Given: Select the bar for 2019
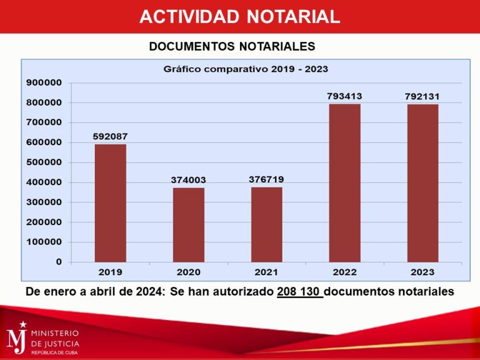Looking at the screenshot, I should pyautogui.click(x=111, y=203).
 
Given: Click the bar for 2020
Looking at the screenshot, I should pyautogui.click(x=189, y=224).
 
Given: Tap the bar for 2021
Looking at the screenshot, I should pyautogui.click(x=267, y=224).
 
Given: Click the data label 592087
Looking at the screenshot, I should pyautogui.click(x=111, y=136).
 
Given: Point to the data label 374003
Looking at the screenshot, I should pyautogui.click(x=189, y=180).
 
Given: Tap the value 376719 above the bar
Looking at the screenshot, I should pyautogui.click(x=266, y=179).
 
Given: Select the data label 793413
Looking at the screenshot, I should pyautogui.click(x=344, y=96).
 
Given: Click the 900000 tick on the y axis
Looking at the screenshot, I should pyautogui.click(x=44, y=82).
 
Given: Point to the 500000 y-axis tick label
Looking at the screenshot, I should pyautogui.click(x=44, y=162).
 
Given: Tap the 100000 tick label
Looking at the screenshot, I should pyautogui.click(x=44, y=242).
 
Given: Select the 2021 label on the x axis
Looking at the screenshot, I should pyautogui.click(x=267, y=272).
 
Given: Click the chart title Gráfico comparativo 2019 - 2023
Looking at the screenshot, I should pyautogui.click(x=246, y=69).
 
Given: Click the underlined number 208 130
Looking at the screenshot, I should pyautogui.click(x=299, y=291).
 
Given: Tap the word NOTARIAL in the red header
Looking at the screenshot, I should pyautogui.click(x=293, y=16).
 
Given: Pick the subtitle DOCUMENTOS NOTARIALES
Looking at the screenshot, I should pyautogui.click(x=232, y=46).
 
